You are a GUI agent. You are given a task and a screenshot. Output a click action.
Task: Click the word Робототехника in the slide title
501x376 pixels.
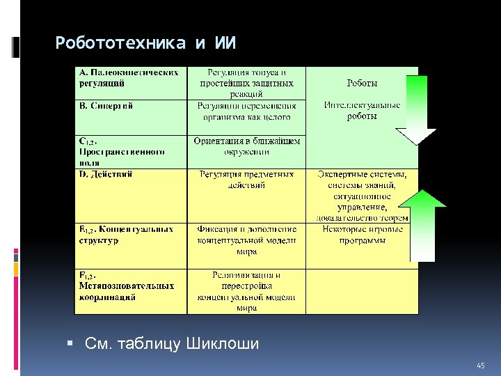[120, 43]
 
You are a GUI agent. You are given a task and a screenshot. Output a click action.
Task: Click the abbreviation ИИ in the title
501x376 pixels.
[224, 43]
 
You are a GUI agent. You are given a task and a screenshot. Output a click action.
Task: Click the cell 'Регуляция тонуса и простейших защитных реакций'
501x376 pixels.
[246, 82]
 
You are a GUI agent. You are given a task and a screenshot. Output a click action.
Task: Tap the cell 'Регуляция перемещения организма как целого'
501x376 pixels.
[246, 111]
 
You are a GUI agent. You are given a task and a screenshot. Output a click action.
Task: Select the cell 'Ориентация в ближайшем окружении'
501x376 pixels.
[246, 146]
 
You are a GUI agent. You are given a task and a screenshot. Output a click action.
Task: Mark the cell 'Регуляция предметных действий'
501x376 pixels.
[246, 180]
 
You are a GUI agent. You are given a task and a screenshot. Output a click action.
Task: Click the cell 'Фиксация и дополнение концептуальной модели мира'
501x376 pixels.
[246, 240]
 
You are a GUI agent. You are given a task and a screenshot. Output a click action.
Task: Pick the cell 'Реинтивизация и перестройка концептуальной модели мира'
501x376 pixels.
[246, 291]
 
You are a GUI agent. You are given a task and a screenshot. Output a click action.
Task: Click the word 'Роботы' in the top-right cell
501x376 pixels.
[363, 83]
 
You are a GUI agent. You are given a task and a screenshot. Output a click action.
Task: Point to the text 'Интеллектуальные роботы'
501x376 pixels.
[363, 111]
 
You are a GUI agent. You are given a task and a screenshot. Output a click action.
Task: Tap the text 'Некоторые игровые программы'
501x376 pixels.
[363, 235]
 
